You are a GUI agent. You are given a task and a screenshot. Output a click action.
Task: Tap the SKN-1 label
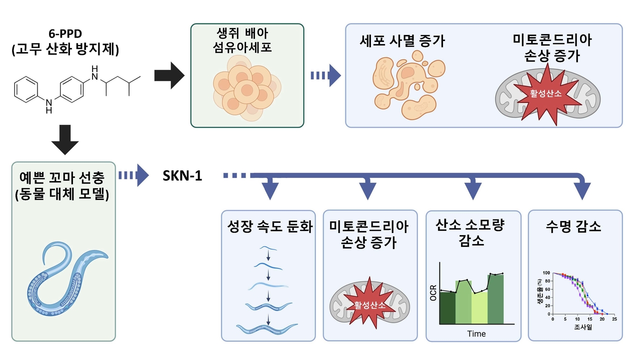pyautogui.click(x=182, y=175)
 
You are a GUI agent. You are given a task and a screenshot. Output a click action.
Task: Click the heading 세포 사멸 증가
pyautogui.click(x=402, y=41)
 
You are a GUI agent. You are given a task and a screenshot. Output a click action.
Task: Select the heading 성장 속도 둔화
pyautogui.click(x=269, y=228)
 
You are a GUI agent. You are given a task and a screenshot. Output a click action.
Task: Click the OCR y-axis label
pyautogui.click(x=433, y=293)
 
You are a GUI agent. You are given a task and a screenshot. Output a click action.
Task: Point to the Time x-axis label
pyautogui.click(x=476, y=333)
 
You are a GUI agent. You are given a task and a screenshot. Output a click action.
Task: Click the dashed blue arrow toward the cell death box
pyautogui.click(x=325, y=76)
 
